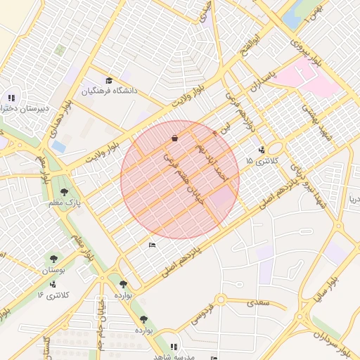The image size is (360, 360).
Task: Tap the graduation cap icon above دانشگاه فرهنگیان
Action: [108, 80]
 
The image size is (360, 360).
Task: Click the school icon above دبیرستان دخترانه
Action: [11, 98]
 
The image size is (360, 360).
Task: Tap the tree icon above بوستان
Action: [54, 259]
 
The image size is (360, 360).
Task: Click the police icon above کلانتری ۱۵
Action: [262, 149]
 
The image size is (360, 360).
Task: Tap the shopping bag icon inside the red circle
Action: [174, 139]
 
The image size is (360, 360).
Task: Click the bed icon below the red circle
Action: [153, 245]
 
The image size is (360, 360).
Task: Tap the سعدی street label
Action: [256, 303]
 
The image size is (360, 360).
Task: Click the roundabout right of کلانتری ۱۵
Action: [274, 148]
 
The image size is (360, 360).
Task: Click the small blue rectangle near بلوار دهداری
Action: [59, 146]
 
